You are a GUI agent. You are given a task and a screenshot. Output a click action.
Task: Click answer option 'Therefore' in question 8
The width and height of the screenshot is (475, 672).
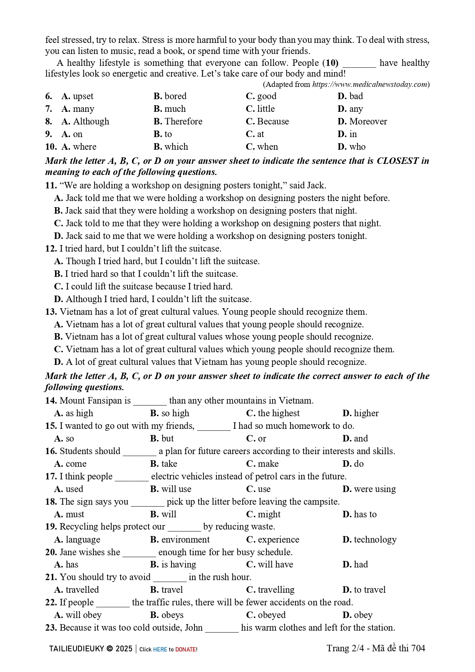click(x=183, y=121)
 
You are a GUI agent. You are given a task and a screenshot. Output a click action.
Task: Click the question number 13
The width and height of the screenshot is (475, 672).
click(x=51, y=312)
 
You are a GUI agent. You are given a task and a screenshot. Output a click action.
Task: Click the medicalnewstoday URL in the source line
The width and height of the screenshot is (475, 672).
click(x=370, y=85)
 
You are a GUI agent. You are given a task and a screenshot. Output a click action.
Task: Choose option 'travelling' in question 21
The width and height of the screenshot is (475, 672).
click(x=276, y=590)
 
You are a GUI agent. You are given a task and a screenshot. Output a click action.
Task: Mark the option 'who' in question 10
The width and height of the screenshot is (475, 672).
click(x=357, y=147)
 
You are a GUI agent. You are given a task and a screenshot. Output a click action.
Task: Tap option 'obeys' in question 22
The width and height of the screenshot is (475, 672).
click(x=172, y=615)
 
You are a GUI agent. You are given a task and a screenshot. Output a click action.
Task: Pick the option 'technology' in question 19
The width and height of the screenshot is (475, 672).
click(x=375, y=540)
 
